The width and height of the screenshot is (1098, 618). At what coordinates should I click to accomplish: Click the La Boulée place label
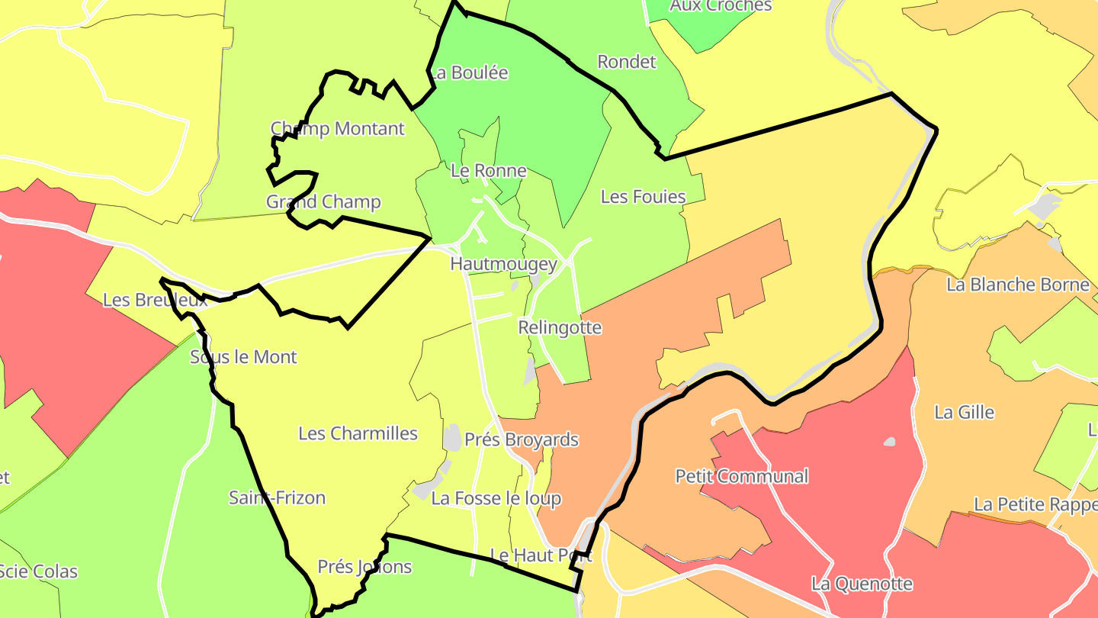469,73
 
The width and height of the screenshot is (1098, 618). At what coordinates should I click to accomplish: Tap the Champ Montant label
338,128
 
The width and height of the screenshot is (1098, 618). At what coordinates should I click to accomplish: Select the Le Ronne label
489,170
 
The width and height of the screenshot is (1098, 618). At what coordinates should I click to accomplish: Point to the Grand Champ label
323,201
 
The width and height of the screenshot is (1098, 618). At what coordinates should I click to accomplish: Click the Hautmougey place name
504,264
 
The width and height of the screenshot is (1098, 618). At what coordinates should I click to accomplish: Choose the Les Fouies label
644,197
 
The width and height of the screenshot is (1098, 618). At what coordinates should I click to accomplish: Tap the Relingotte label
560,327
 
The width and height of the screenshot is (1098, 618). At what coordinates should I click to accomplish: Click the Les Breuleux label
156,300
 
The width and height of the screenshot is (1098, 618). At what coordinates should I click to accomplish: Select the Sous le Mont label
243,356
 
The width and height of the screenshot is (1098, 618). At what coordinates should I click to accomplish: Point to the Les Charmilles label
358,433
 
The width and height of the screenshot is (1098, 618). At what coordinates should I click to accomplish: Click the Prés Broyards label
522,439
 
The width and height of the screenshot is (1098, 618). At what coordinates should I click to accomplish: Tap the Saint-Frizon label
278,497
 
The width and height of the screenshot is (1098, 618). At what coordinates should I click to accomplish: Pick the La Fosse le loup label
496,498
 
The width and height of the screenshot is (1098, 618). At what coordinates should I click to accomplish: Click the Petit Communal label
742,476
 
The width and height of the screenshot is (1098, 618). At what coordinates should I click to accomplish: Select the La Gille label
965,412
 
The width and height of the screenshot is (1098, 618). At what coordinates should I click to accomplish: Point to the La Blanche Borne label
1018,285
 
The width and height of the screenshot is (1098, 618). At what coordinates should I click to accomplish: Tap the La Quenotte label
862,584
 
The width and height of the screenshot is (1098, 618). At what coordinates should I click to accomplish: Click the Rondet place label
627,62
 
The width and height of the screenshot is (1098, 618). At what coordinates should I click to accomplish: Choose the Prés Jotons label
364,567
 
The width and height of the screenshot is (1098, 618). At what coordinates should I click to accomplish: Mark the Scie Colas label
38,571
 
